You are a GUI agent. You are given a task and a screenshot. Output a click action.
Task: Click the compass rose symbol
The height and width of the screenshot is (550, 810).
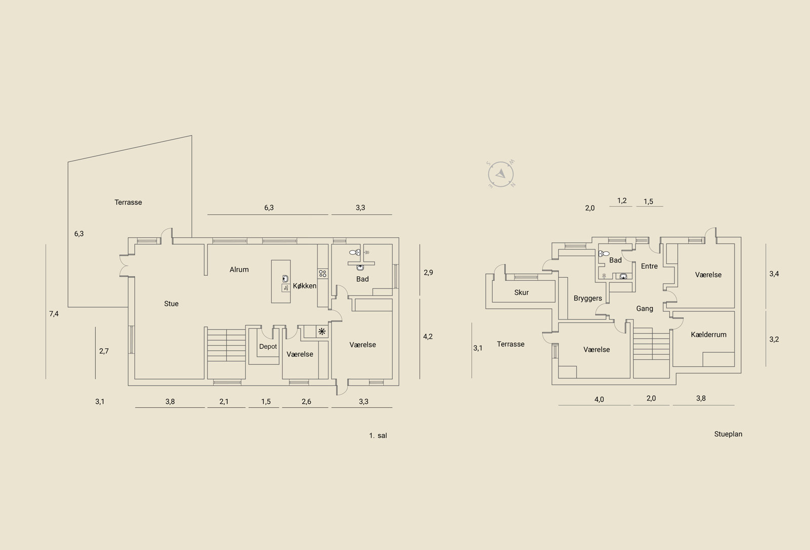[501, 174]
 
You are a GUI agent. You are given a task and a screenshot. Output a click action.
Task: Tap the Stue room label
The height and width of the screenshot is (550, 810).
[171, 304]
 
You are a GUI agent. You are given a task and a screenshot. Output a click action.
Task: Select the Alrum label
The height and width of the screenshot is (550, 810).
[239, 269]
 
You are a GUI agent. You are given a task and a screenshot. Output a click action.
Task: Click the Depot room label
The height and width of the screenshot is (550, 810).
[268, 346]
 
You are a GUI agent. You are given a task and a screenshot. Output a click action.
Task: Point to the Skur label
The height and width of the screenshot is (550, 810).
[521, 292]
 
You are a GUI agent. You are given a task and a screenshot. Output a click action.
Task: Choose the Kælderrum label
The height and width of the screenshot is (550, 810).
[708, 334]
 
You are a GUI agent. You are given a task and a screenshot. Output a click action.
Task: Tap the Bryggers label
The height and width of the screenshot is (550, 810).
[588, 299]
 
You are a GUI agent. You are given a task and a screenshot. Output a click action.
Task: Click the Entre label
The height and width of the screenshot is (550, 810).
[649, 266]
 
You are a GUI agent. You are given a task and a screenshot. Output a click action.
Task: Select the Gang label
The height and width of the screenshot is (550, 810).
[644, 308]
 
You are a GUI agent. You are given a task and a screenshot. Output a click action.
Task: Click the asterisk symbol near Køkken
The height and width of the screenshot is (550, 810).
[322, 331]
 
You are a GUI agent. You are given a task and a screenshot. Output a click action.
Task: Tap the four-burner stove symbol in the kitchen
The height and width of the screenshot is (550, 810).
[322, 274]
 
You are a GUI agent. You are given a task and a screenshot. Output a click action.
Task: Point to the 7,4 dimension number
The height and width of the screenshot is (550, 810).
[54, 314]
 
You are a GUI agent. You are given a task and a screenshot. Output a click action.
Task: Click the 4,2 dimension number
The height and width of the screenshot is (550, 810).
[428, 336]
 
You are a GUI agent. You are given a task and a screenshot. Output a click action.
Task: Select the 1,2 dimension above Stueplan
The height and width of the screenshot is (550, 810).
[622, 200]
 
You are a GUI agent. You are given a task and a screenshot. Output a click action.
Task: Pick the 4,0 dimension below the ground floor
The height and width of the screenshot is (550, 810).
[599, 399]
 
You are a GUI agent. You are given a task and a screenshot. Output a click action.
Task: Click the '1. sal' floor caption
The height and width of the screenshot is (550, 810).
[378, 436]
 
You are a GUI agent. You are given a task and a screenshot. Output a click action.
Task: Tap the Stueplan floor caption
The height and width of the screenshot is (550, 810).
[728, 434]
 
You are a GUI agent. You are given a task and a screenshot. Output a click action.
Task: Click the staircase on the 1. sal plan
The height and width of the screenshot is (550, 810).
[226, 345]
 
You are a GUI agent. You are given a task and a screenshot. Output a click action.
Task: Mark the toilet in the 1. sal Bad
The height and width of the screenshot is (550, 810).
[355, 252]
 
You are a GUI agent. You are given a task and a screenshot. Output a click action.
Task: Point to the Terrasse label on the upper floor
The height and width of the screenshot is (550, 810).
[128, 202]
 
